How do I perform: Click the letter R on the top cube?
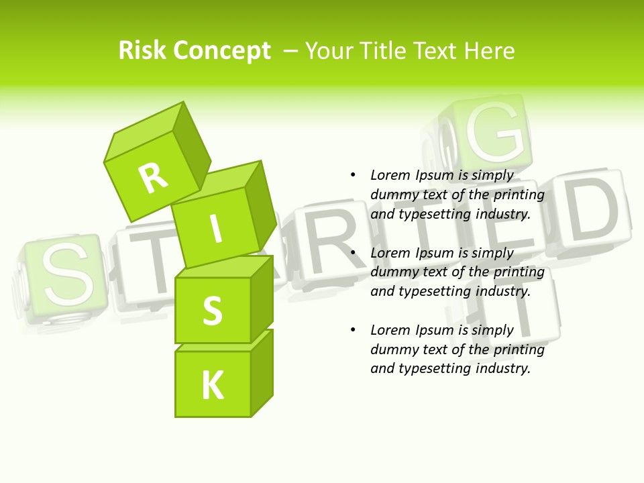[154, 178]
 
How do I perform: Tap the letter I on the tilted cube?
[215, 229]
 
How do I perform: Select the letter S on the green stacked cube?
[212, 311]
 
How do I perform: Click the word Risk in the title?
[142, 50]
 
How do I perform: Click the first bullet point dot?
[353, 175]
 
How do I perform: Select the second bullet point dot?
[353, 253]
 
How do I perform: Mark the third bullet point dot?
[353, 330]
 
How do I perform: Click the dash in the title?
[291, 50]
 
